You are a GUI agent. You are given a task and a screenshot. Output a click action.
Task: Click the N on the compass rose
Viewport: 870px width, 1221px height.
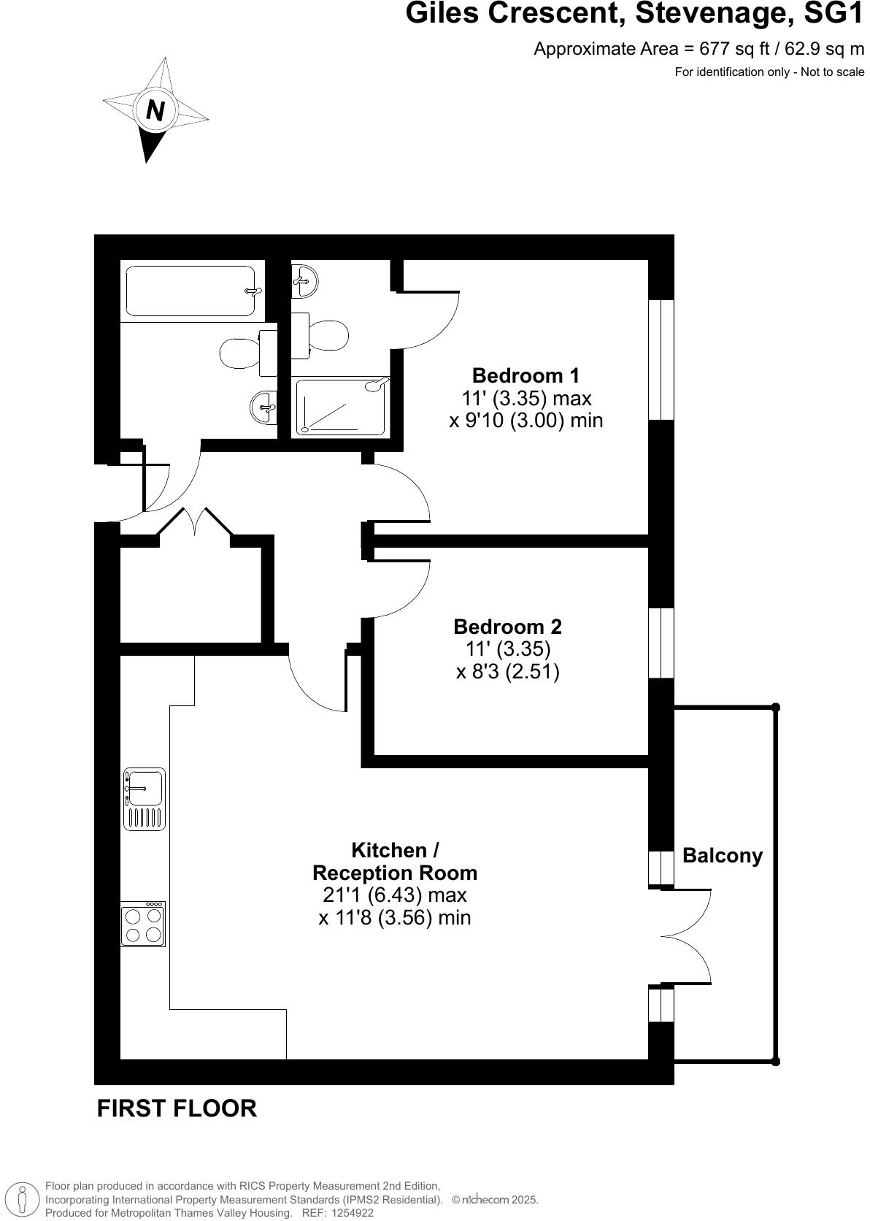point(155,110)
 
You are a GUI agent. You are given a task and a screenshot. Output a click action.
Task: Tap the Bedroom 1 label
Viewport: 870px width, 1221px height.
point(526,375)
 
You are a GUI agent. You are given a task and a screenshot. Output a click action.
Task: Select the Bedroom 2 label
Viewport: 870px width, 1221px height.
point(507,627)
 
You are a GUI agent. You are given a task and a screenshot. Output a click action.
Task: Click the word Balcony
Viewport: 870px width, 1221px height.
point(722,855)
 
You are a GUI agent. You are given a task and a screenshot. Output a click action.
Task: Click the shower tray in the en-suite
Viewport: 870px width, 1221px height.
point(340,406)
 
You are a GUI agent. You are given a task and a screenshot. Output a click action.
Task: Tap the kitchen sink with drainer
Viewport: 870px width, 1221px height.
point(144,798)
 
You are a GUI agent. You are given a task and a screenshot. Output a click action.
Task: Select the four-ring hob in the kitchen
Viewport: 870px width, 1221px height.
point(143,924)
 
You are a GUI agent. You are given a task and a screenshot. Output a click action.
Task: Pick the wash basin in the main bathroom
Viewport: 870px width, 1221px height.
point(263,406)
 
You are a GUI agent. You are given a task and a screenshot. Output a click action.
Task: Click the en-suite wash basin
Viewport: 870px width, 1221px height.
point(304,280)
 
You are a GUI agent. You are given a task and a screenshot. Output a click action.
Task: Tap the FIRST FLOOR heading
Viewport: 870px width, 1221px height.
point(177,1108)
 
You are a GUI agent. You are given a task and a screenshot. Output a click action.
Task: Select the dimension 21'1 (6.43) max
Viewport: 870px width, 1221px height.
point(394,895)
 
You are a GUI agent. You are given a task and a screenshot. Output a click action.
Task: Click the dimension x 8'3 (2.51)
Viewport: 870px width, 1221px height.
point(507,671)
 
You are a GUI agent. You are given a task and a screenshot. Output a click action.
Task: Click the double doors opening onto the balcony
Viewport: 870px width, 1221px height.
point(686,936)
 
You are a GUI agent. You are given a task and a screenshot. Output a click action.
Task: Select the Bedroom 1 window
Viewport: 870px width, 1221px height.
point(661,359)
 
